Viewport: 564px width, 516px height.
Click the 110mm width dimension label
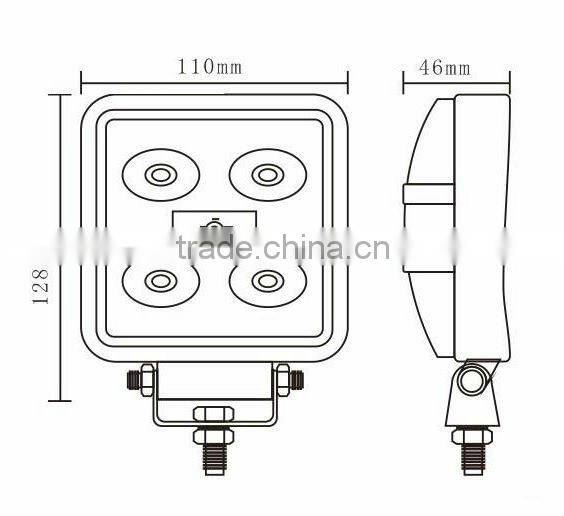pyautogui.click(x=210, y=68)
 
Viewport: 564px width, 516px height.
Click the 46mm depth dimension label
pyautogui.click(x=445, y=68)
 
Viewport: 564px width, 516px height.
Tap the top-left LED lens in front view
pyautogui.click(x=159, y=176)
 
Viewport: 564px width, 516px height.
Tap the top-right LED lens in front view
pyautogui.click(x=265, y=176)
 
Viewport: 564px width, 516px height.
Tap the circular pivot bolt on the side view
pyautogui.click(x=472, y=380)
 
